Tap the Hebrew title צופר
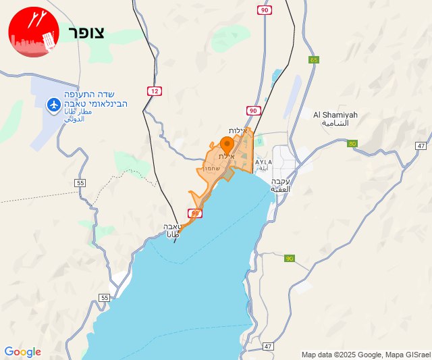click(86, 34)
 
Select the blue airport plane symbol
click(53, 104)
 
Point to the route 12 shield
click(154, 91)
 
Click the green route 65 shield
click(314, 60)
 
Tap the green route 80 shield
click(352, 144)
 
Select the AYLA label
click(264, 162)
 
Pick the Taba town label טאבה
click(171, 228)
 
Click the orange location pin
click(227, 144)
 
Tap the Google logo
click(22, 352)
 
